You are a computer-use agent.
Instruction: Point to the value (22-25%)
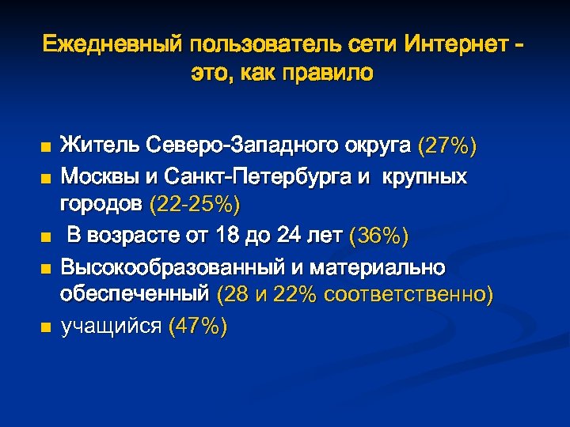coord(194,206)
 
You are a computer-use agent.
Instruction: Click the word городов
coord(101,206)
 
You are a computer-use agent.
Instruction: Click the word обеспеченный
coord(135,296)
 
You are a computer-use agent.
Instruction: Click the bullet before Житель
coord(46,148)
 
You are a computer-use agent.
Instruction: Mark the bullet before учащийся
coord(46,327)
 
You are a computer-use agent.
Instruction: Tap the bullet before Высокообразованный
coord(46,267)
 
